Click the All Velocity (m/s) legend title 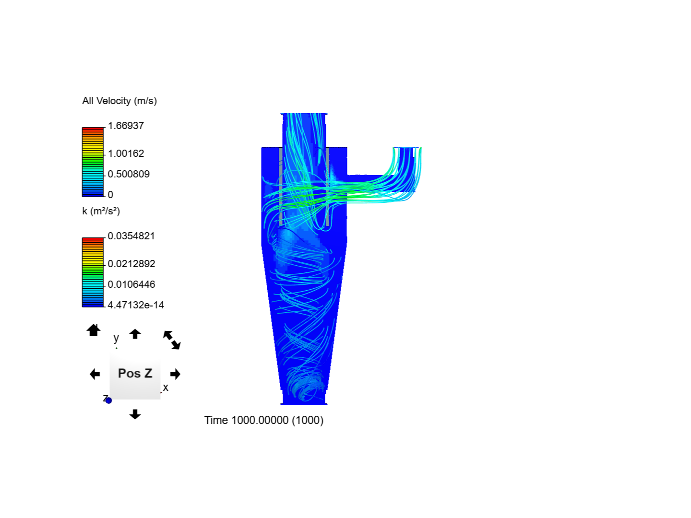point(119,101)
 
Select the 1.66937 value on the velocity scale point(126,126)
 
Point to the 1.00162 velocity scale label point(126,153)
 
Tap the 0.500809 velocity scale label point(129,174)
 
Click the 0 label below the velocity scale point(110,195)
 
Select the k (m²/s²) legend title point(101,211)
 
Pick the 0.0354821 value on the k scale point(131,236)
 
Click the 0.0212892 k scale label point(131,264)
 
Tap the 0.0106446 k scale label point(131,284)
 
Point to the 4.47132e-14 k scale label point(136,305)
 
